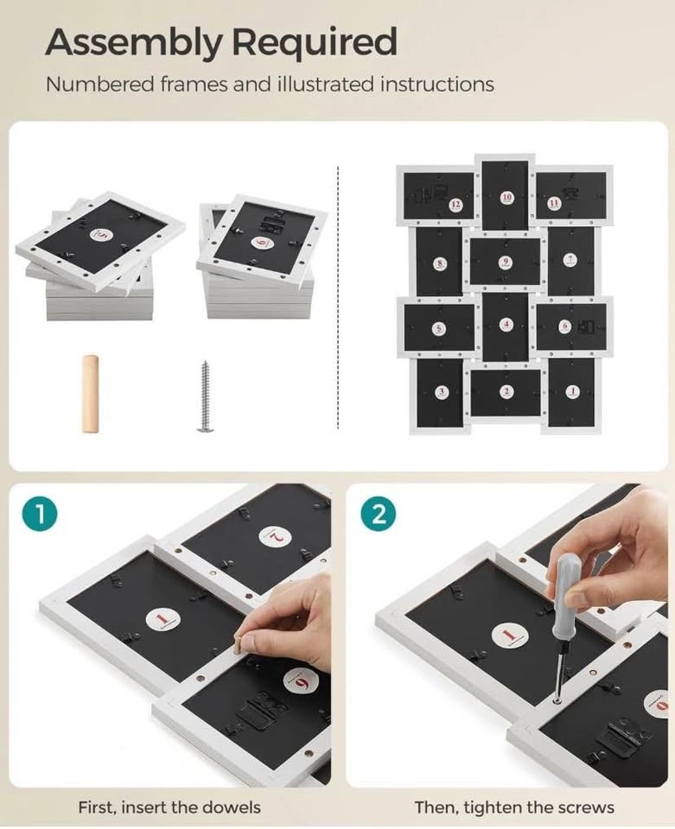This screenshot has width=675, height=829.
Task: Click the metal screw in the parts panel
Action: (205, 396)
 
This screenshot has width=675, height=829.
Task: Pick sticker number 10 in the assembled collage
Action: (506, 197)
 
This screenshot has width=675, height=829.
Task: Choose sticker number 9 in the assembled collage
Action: (506, 261)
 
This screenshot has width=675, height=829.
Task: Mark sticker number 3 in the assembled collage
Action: (441, 392)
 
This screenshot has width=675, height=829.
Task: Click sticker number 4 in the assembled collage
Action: (506, 324)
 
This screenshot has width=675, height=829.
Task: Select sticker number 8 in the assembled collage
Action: (440, 263)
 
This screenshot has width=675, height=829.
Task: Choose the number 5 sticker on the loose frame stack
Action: (103, 235)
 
